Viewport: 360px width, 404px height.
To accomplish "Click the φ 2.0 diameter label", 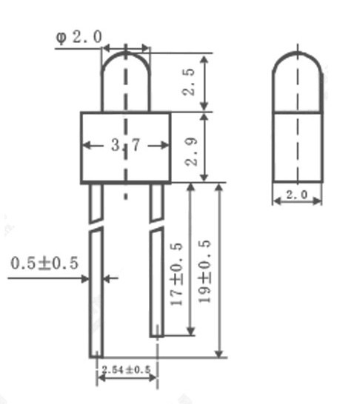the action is [79, 37].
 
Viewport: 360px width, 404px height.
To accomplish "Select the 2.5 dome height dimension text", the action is [188, 82].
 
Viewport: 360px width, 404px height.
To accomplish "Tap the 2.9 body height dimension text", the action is [191, 152].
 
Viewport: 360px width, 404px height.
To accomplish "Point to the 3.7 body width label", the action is [126, 145].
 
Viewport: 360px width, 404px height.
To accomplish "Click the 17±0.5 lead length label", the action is [176, 274].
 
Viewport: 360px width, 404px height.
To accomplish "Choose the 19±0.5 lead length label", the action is [204, 271].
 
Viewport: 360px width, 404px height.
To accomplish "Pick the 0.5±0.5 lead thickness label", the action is [44, 263].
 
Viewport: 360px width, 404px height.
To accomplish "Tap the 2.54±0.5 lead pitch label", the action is [127, 370].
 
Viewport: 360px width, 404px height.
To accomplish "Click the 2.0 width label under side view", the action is [297, 195].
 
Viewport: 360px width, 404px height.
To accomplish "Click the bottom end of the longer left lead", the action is [96, 357].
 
